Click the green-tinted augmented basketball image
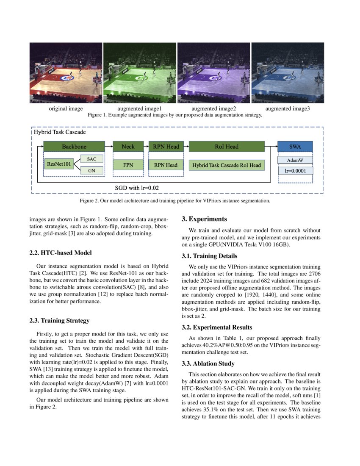click(x=140, y=72)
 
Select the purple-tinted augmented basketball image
click(x=213, y=72)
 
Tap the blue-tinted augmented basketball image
click(x=288, y=72)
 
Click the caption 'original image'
click(x=66, y=108)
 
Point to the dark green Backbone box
click(x=74, y=147)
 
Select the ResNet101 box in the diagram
click(x=59, y=163)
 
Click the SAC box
click(x=91, y=159)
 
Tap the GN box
click(x=91, y=170)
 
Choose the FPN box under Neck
click(x=128, y=165)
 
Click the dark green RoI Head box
click(x=227, y=147)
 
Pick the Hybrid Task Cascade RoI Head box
click(x=227, y=165)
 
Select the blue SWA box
click(x=295, y=147)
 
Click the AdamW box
click(x=295, y=161)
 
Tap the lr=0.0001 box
click(x=295, y=171)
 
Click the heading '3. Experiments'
click(x=205, y=219)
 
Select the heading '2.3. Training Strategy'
click(x=59, y=320)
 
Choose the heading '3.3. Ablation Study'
click(x=208, y=363)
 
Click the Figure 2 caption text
click(x=180, y=200)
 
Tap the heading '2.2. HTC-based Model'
click(x=61, y=253)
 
